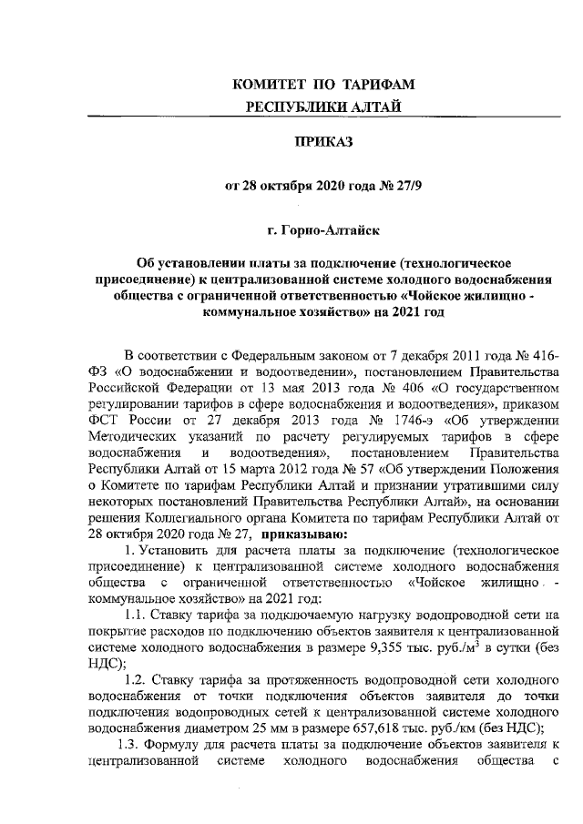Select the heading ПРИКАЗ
tap(323, 143)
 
